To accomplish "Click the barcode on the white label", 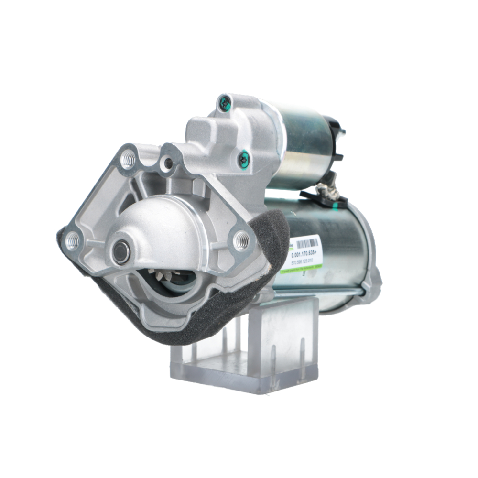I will pos(306,243).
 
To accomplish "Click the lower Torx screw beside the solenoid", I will pos(244,159).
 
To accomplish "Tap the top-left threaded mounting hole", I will pos(128,159).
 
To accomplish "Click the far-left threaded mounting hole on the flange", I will pos(72,241).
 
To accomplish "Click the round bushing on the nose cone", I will pos(121,251).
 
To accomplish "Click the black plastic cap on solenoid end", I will pos(337,139).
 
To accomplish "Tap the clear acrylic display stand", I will pos(244,354).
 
